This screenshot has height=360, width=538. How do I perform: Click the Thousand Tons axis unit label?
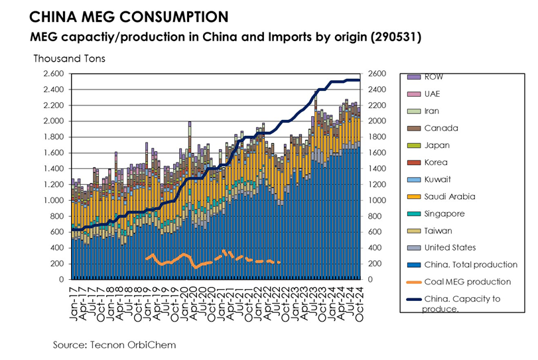click(69, 58)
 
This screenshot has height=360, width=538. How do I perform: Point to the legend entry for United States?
click(451, 248)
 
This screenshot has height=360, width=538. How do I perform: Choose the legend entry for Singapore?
click(444, 213)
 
